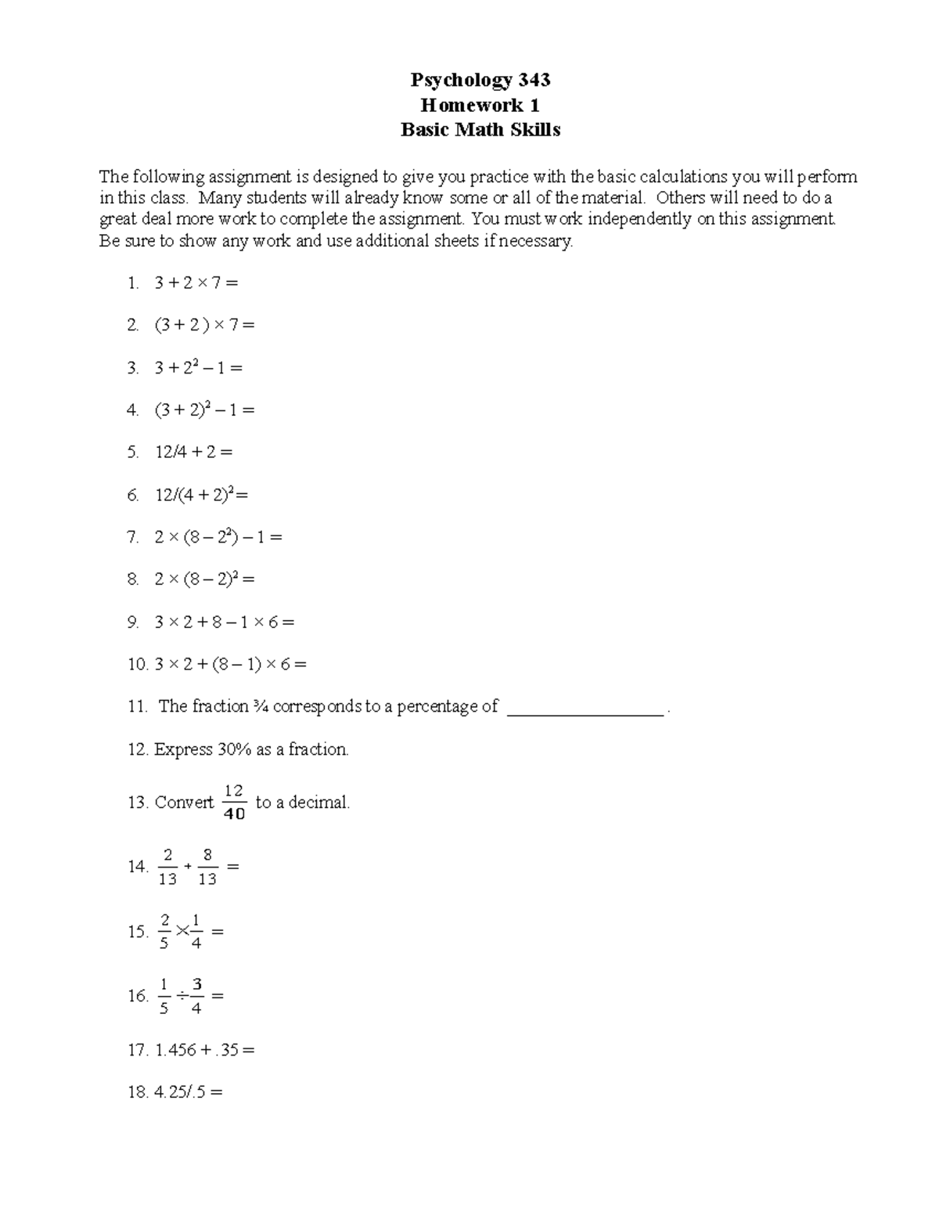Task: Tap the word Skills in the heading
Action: tap(535, 130)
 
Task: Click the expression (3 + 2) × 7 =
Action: tap(204, 325)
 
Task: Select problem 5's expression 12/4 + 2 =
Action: tap(193, 452)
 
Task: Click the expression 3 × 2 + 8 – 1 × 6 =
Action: tap(224, 622)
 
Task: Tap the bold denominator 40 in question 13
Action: tap(234, 814)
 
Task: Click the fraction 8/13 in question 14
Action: tap(207, 867)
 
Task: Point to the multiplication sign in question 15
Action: tap(182, 931)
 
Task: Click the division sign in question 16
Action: tap(182, 996)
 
